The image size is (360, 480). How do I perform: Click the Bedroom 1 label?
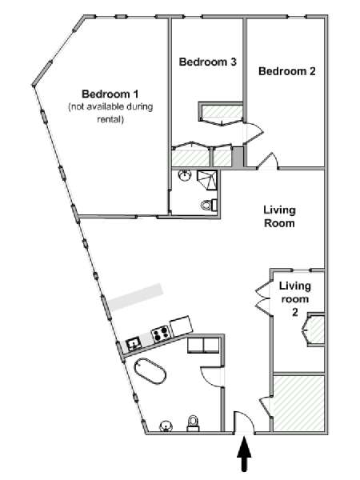(x=110, y=94)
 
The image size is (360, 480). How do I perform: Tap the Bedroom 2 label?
(x=287, y=71)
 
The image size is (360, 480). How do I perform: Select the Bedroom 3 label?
(x=207, y=62)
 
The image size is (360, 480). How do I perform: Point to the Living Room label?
(x=279, y=217)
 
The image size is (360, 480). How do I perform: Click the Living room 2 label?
(x=294, y=298)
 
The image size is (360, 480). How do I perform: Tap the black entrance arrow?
(x=244, y=454)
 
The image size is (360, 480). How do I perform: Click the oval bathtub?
(x=150, y=370)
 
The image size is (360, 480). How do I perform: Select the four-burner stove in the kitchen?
(x=161, y=333)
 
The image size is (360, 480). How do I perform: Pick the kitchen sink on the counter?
(x=134, y=344)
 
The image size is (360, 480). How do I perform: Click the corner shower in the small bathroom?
(x=207, y=180)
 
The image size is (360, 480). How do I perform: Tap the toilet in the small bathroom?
(x=210, y=205)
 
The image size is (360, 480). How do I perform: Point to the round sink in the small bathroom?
(x=185, y=175)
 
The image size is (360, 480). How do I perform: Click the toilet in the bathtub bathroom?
(x=194, y=422)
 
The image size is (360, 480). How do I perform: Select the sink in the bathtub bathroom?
(x=166, y=426)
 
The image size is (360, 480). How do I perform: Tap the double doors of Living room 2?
(x=262, y=298)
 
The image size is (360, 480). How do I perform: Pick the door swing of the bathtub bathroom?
(x=212, y=377)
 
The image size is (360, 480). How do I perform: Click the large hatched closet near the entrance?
(x=298, y=403)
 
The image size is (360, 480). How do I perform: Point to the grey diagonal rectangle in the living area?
(x=136, y=297)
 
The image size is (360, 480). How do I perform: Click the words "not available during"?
(x=110, y=107)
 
